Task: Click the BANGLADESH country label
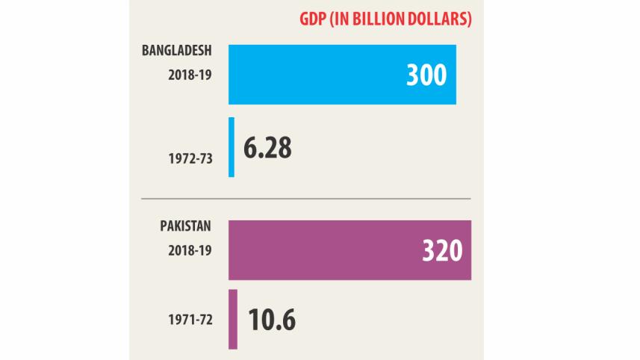(178, 51)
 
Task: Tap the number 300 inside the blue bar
(426, 75)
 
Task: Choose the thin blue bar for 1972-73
(232, 147)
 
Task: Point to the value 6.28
(267, 148)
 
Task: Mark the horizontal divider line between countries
(306, 199)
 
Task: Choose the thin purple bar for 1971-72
(233, 319)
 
